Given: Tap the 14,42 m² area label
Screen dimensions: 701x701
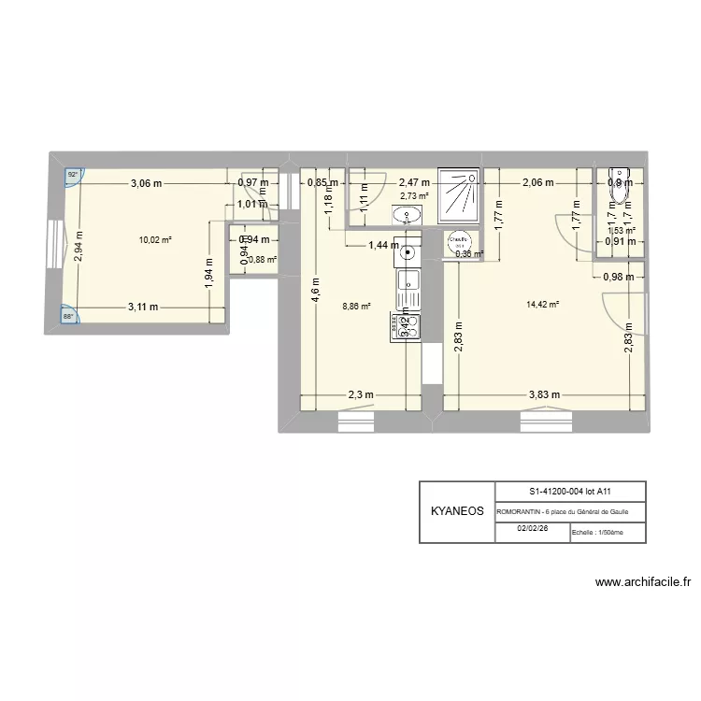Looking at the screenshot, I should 543,304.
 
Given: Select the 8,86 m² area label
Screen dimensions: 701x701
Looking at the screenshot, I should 356,306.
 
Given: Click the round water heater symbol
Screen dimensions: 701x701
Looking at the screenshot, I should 459,241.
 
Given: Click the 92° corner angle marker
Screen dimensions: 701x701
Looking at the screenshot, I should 71,175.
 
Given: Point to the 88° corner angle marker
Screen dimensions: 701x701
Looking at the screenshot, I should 70,316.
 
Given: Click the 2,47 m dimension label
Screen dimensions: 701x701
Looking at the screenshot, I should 414,183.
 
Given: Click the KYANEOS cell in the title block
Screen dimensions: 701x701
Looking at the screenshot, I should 457,512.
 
